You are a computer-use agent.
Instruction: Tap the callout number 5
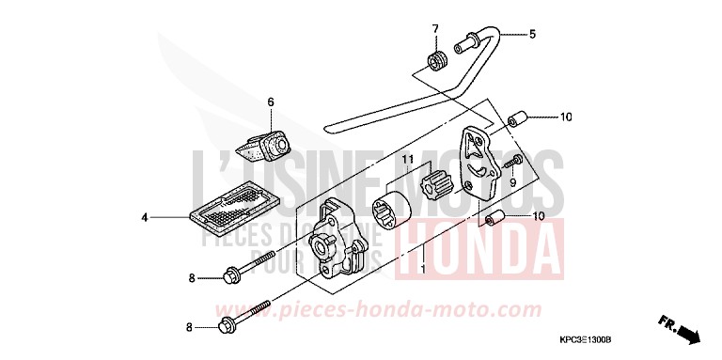tap(531, 34)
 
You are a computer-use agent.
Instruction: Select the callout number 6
tap(270, 101)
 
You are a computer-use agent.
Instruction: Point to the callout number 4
tap(145, 218)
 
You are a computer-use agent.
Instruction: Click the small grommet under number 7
tap(435, 62)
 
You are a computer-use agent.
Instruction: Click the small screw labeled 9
tap(511, 164)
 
